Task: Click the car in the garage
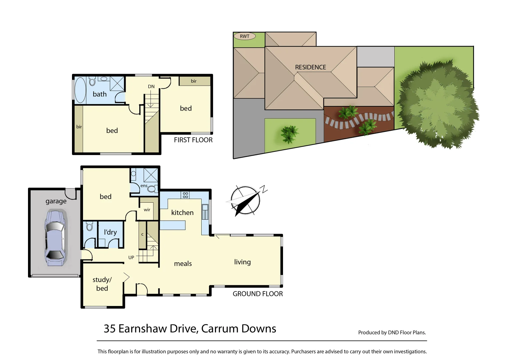point(55,238)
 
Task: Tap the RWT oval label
point(244,36)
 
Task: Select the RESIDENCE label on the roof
point(310,67)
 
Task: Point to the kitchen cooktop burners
point(185,195)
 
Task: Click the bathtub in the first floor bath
point(80,90)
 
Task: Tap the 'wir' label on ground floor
point(147,210)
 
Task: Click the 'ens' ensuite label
point(144,186)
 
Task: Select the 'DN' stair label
point(151,87)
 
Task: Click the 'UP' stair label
point(131,257)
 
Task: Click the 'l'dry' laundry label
point(110,232)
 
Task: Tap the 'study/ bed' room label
point(102,284)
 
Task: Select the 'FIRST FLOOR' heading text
point(193,140)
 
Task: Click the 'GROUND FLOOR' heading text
point(258,294)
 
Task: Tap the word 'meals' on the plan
point(183,264)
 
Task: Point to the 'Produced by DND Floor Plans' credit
point(392,332)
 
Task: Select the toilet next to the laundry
point(89,227)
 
